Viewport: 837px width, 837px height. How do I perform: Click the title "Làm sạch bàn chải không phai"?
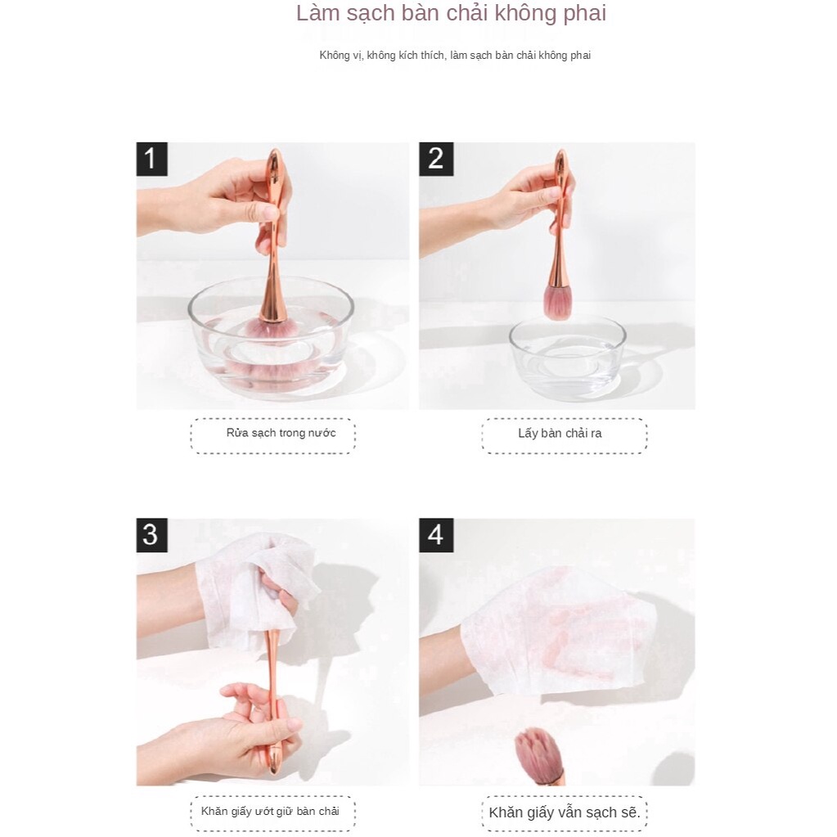451,14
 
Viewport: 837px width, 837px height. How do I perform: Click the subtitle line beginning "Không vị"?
454,56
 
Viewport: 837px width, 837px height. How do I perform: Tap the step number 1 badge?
151,159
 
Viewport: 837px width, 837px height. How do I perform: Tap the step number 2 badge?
435,159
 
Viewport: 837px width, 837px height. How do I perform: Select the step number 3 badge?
151,535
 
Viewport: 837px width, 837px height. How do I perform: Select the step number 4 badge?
435,535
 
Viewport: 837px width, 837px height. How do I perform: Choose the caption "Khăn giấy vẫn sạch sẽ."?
564,812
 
